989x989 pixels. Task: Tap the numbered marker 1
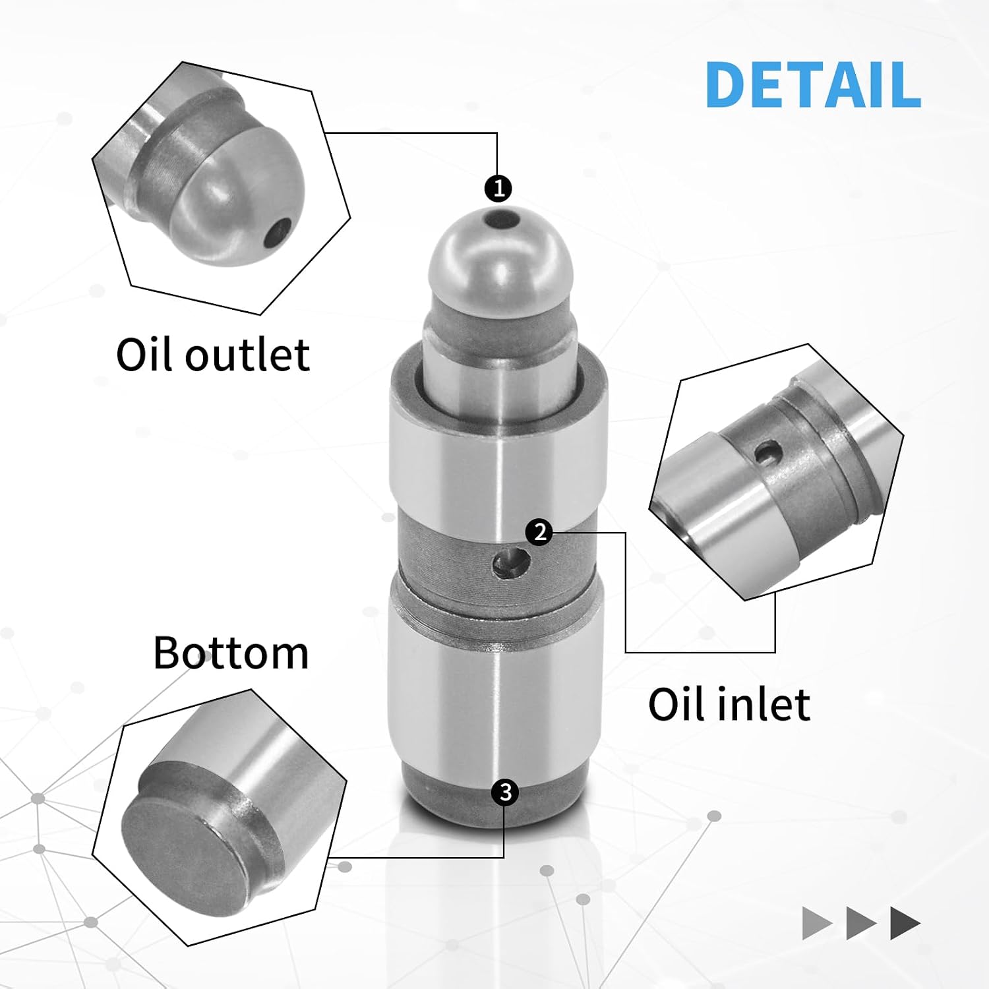[498, 189]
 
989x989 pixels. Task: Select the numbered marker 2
[540, 531]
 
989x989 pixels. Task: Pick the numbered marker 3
[505, 792]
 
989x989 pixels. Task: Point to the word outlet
[247, 356]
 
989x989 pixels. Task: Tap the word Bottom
[231, 653]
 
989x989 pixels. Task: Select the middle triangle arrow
[861, 923]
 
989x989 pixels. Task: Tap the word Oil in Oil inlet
[678, 704]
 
